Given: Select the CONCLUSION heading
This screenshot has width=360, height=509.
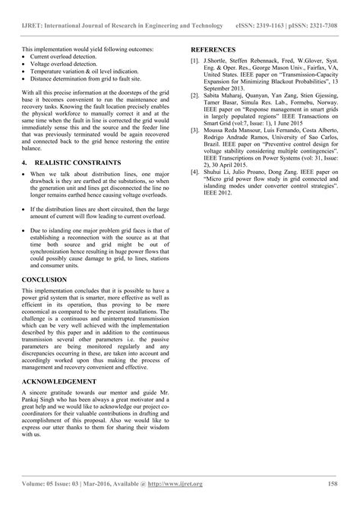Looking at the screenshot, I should coord(44,280).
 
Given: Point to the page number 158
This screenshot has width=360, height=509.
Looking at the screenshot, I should coord(332,482).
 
